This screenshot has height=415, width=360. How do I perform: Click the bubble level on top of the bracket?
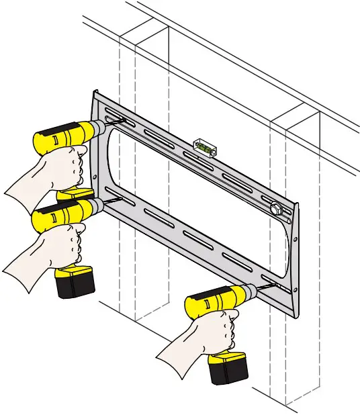click(204, 146)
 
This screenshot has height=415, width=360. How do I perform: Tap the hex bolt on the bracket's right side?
click(275, 207)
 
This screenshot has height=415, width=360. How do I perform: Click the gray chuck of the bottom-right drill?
click(249, 291)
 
